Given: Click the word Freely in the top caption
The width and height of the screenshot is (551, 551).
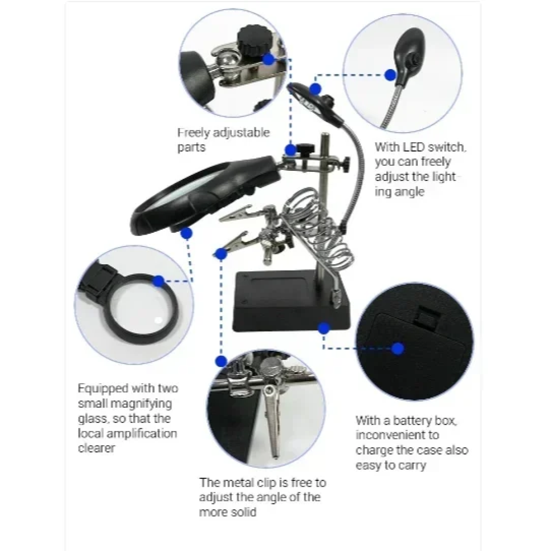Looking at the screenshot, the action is [194, 133].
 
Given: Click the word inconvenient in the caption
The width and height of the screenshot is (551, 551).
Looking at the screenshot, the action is [398, 435].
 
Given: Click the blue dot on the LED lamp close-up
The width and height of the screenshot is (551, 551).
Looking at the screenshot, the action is [390, 75].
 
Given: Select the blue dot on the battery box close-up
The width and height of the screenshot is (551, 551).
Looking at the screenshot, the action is [398, 349].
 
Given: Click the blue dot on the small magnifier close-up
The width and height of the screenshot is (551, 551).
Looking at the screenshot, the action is [158, 281].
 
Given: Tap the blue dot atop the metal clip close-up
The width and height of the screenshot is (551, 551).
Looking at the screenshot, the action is [221, 361].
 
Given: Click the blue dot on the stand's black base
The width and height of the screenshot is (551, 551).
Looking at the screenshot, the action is [324, 328].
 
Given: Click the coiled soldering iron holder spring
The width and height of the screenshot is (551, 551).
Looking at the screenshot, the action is [317, 229].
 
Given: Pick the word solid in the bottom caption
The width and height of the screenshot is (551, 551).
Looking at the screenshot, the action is [244, 512].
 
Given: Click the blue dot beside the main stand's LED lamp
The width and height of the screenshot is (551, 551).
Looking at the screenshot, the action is [315, 89].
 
